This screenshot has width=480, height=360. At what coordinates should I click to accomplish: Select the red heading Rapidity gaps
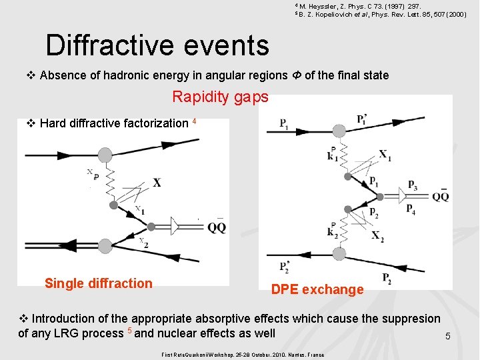[220, 97]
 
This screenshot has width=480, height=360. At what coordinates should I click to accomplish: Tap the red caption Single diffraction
[99, 283]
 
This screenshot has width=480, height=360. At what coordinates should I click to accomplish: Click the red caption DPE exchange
[317, 289]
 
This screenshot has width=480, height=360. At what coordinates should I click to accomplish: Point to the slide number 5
[448, 337]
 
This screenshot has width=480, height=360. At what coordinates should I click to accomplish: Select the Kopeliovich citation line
[381, 14]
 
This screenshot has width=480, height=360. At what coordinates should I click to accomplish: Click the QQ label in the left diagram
[216, 228]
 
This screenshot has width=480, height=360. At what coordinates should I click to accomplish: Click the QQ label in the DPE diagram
[440, 197]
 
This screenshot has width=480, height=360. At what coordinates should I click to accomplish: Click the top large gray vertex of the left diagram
[105, 155]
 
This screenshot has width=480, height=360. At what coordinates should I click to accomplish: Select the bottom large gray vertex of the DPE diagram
[339, 254]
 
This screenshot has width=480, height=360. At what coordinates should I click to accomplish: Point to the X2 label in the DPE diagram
[377, 236]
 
